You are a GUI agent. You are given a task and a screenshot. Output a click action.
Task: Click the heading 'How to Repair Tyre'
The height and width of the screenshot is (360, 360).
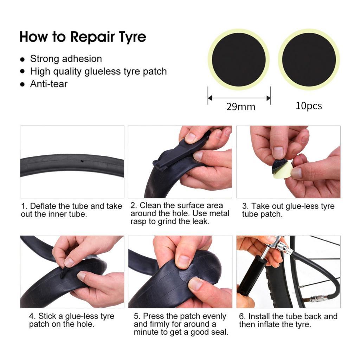83,37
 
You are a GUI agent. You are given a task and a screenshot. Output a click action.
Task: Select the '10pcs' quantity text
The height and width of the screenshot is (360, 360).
309,106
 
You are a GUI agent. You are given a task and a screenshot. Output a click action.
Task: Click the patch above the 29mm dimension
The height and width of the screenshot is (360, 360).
239,59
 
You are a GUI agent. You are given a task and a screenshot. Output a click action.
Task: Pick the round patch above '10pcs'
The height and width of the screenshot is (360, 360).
309,59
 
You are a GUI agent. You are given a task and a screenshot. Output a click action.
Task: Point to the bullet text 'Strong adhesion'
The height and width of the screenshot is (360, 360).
66,59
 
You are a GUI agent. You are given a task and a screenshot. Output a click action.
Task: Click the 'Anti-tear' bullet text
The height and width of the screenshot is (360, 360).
49,84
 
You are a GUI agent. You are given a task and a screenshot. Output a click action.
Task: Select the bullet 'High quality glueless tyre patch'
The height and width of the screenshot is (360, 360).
98,71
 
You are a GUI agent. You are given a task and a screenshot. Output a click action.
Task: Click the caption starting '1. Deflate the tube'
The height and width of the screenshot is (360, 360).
71,210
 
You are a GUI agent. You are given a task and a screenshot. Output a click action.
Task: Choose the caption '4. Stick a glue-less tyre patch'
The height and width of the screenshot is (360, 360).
71,320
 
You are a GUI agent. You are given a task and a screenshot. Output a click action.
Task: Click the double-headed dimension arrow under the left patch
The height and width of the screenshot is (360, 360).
239,98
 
